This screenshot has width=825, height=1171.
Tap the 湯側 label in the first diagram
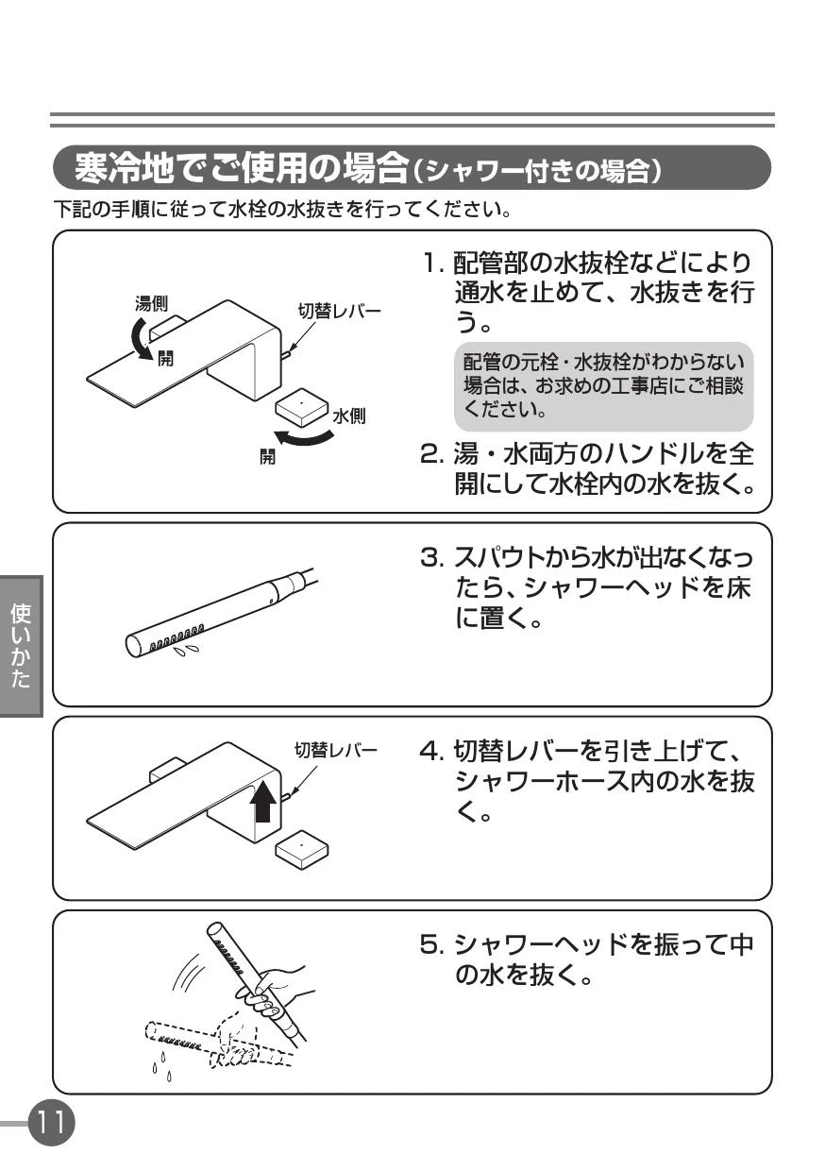point(151,303)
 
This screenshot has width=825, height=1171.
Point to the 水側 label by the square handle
point(348,416)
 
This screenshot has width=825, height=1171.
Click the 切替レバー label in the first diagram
point(339,311)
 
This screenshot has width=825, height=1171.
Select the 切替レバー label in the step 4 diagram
point(335,751)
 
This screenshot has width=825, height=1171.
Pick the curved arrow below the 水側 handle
point(304,437)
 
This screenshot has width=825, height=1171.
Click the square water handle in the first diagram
point(301,407)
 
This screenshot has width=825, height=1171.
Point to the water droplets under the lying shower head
point(187,651)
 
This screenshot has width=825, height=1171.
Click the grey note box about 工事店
point(603,386)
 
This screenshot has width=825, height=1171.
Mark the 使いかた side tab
point(21,647)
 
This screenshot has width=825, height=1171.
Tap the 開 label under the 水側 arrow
point(267,457)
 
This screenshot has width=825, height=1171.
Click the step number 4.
point(431,751)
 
